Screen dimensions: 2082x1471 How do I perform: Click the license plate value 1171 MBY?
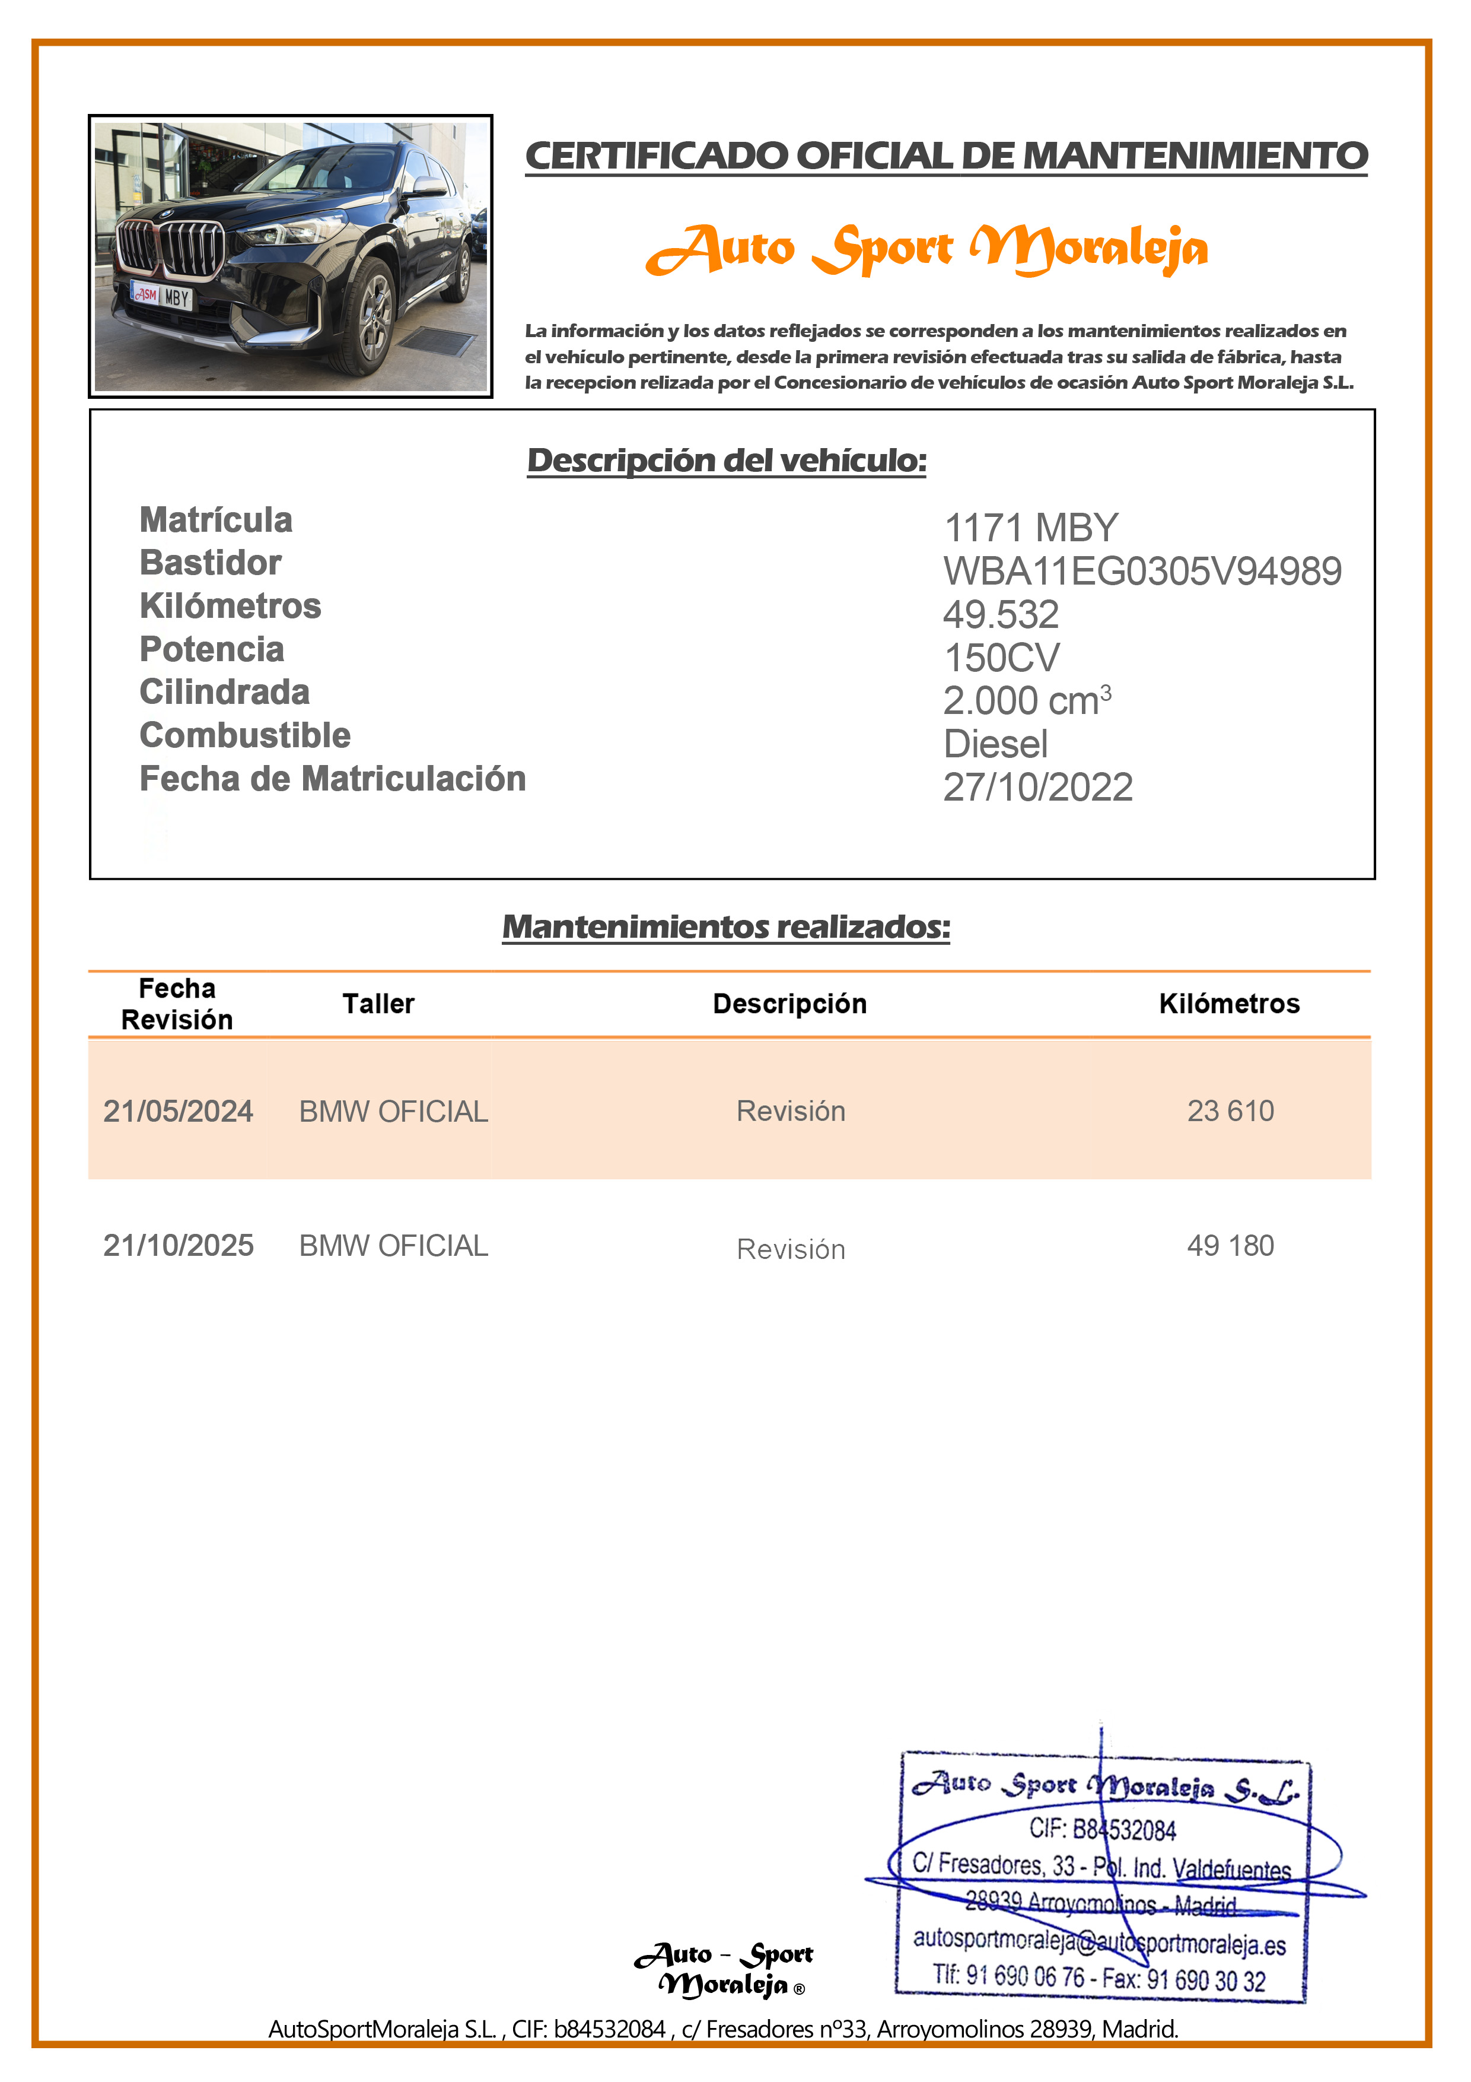(x=1030, y=528)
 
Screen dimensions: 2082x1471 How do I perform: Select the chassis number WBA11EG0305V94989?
(x=1141, y=572)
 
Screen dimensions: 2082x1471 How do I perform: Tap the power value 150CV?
(x=1001, y=658)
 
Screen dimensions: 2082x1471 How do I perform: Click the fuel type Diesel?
(x=995, y=744)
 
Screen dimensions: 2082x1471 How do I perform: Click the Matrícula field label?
(x=216, y=520)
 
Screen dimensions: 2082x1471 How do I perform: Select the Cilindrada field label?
(x=224, y=693)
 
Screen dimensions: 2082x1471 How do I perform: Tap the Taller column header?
(x=378, y=1004)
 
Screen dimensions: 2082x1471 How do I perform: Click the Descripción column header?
(x=789, y=1004)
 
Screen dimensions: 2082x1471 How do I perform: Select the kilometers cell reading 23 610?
(x=1230, y=1111)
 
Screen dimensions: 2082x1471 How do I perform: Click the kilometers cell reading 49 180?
(x=1230, y=1246)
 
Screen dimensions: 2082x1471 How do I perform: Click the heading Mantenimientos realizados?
(x=726, y=926)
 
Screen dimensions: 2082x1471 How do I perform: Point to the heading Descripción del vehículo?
(x=726, y=461)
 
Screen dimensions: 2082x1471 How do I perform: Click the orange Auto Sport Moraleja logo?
(x=926, y=249)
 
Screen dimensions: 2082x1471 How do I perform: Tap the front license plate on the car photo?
(x=163, y=296)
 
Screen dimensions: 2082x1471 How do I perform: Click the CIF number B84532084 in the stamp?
(x=1101, y=1830)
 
